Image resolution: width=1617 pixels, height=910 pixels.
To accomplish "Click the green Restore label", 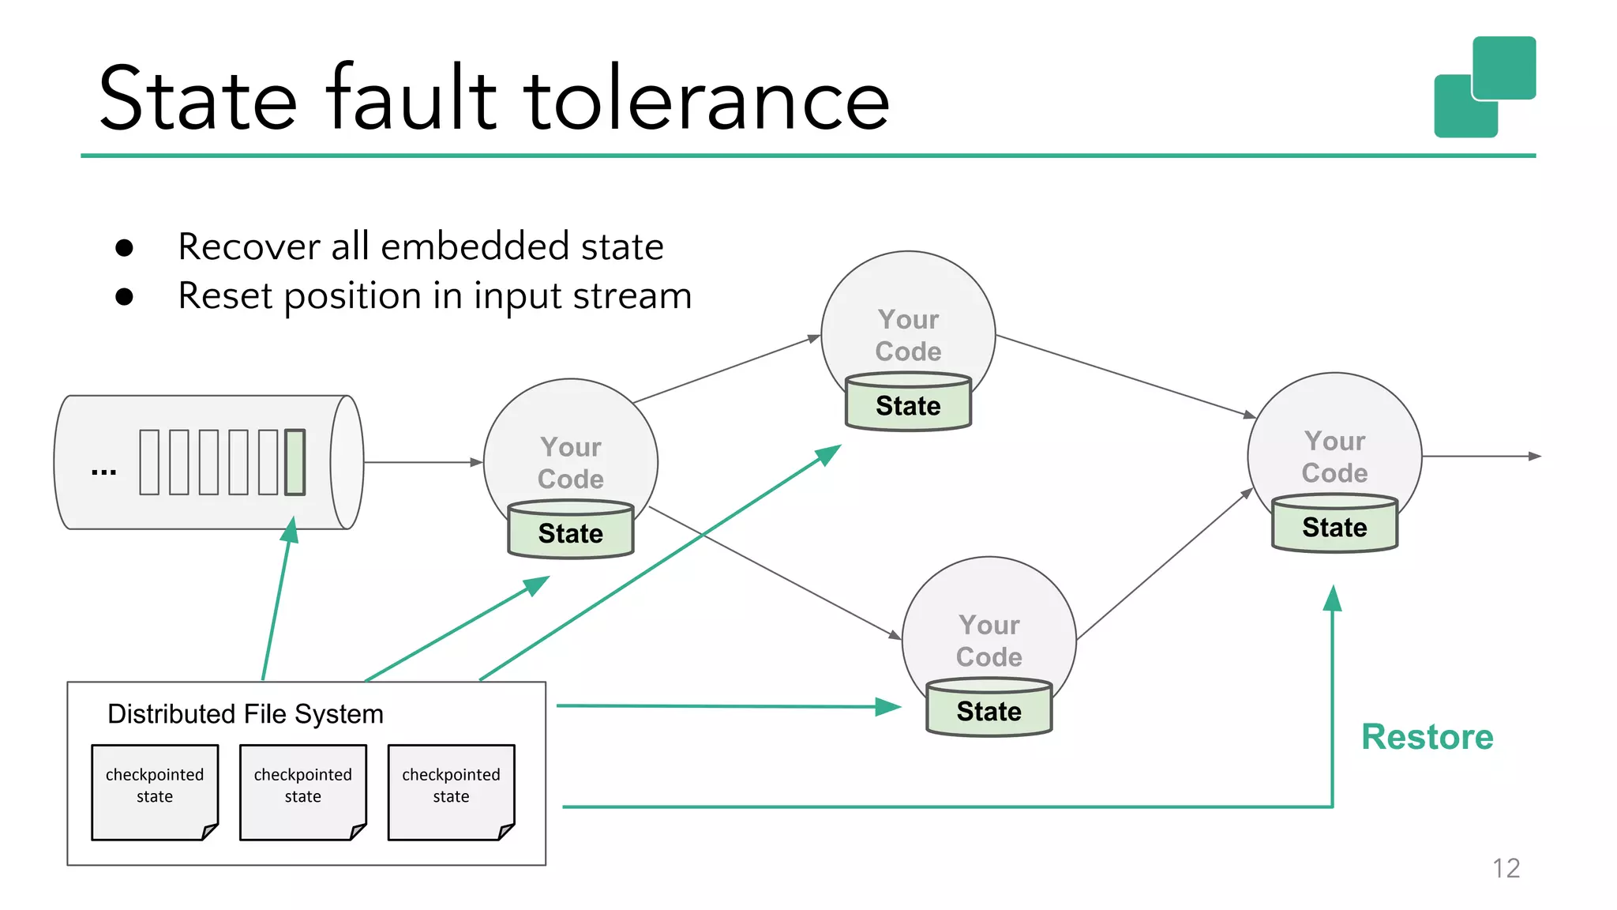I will [x=1427, y=737].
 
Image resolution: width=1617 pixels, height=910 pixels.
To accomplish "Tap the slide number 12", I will [x=1506, y=868].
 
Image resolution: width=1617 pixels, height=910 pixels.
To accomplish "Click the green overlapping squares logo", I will [x=1484, y=87].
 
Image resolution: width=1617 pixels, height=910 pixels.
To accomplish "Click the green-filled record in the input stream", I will [x=295, y=462].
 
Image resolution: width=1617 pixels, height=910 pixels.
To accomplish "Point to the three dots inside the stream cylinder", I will [x=103, y=472].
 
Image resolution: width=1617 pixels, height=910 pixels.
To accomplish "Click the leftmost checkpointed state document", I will [x=155, y=792].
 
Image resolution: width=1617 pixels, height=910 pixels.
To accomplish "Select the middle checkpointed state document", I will [x=302, y=792].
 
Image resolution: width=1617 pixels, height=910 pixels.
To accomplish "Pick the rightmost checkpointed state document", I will [x=451, y=792].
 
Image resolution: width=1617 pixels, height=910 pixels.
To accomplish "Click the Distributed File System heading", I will [x=245, y=714].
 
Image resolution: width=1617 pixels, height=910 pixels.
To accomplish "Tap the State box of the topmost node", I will [x=908, y=404].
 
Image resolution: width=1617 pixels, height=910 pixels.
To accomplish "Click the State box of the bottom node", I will [x=989, y=710].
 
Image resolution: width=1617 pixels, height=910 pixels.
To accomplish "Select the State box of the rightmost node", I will [x=1334, y=526].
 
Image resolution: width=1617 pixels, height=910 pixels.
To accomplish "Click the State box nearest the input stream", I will [x=570, y=532].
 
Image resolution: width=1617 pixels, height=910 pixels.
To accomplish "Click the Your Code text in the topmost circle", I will [x=908, y=335].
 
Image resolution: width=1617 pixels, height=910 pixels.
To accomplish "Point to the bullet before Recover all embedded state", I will [x=124, y=248].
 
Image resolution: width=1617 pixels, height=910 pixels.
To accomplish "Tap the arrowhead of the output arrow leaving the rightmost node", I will [x=1534, y=456].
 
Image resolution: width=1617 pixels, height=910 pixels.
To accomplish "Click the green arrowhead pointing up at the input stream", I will [x=291, y=530].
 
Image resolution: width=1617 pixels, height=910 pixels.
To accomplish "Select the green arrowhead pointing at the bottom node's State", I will [x=889, y=706].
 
